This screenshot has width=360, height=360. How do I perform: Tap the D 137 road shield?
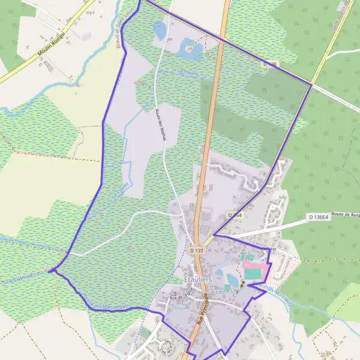[x=196, y=250]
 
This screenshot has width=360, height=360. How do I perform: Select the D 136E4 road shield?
[x=318, y=217]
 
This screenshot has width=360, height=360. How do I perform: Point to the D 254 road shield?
[x=235, y=215]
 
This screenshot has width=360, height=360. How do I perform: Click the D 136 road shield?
[x=270, y=63]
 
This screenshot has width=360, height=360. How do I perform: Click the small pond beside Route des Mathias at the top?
[x=159, y=29]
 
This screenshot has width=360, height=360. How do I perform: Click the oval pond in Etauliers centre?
[x=232, y=280]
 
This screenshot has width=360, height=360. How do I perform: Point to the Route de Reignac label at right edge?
[x=344, y=214]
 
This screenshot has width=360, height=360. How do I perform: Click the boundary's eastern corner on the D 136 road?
[x=311, y=85]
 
